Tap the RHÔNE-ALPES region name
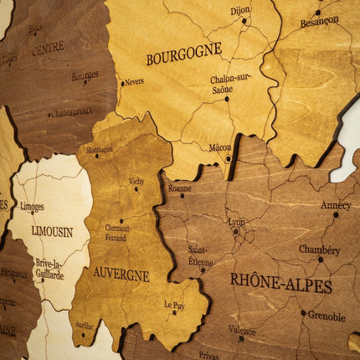pos(280,282)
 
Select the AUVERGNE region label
pos(121,274)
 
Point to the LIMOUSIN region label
pos(52,231)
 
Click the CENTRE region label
pos(48,49)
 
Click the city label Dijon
pos(240,11)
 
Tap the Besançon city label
pos(320,20)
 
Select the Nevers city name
pos(133,82)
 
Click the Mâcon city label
pos(220,147)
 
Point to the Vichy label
pos(136,181)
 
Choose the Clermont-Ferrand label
pos(117,231)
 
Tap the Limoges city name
pos(32,206)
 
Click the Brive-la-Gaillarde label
pos(49,268)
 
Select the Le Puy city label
pos(174,305)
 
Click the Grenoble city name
pos(327,316)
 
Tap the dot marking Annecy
pos(336,215)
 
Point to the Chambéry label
pos(320,249)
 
